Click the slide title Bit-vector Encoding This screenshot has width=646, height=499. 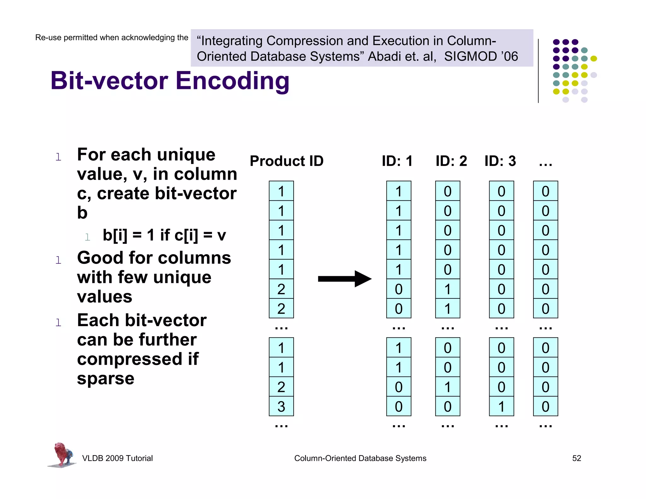[x=170, y=81]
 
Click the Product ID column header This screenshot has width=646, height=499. [x=286, y=161]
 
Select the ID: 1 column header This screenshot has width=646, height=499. [x=397, y=161]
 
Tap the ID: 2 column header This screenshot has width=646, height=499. [x=451, y=161]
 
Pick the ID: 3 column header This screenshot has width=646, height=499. [x=500, y=161]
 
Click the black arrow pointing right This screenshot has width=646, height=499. [x=344, y=279]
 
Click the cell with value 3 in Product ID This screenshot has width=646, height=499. [x=281, y=406]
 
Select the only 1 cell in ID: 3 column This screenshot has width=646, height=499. [x=501, y=406]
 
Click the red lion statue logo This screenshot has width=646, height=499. [x=62, y=455]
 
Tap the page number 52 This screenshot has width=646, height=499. [x=576, y=458]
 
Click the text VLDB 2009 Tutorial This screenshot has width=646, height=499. [x=117, y=458]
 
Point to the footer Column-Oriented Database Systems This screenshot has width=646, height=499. [x=360, y=458]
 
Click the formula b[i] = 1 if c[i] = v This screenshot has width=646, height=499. [x=164, y=235]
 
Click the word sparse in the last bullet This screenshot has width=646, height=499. [x=106, y=378]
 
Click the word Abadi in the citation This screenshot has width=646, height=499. [x=385, y=56]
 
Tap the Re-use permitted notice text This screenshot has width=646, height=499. [x=112, y=38]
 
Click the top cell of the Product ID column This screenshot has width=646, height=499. [x=281, y=191]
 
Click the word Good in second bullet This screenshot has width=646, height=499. [x=100, y=258]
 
